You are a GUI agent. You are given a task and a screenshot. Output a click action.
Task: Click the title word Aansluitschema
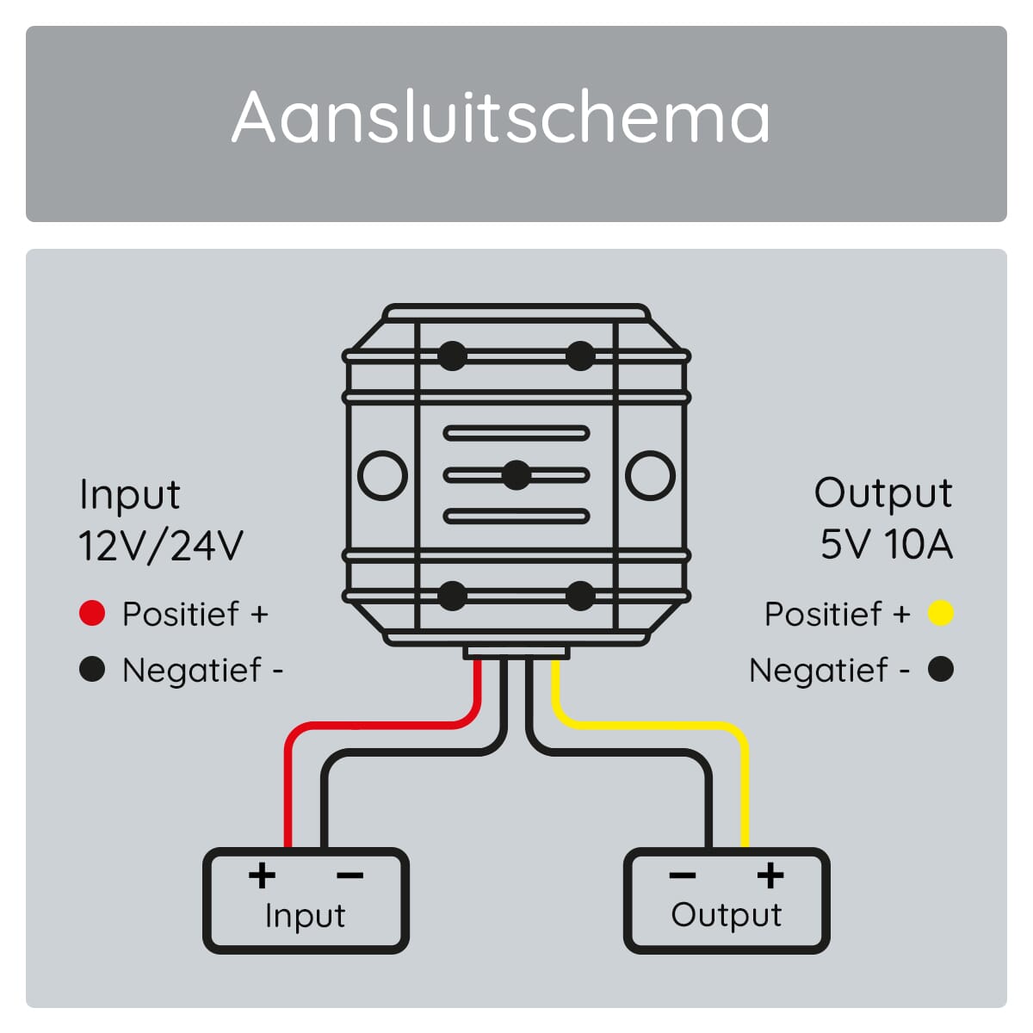pyautogui.click(x=501, y=117)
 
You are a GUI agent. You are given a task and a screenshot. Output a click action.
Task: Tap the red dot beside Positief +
pyautogui.click(x=91, y=614)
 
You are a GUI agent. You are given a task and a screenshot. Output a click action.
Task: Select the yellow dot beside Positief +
pyautogui.click(x=941, y=614)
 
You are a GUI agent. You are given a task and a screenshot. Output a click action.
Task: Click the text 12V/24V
pyautogui.click(x=161, y=546)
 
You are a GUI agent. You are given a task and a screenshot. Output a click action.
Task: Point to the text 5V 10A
pyautogui.click(x=886, y=545)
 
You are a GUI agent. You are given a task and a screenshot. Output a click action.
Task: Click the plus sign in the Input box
pyautogui.click(x=262, y=875)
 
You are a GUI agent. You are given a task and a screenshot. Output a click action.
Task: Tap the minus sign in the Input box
pyautogui.click(x=349, y=876)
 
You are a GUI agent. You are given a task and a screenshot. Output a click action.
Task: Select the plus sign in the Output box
pyautogui.click(x=770, y=875)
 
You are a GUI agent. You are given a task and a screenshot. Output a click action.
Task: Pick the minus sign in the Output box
pyautogui.click(x=682, y=876)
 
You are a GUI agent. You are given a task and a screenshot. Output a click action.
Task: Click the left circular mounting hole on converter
pyautogui.click(x=382, y=475)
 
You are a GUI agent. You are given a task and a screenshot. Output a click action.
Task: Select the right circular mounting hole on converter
pyautogui.click(x=650, y=475)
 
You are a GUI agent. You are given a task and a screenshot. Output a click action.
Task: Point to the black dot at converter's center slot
pyautogui.click(x=516, y=475)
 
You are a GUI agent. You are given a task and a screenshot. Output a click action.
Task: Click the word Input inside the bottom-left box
pyautogui.click(x=305, y=916)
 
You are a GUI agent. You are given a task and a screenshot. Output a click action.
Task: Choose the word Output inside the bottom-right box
pyautogui.click(x=727, y=915)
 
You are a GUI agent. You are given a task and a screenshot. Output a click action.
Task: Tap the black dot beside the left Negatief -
pyautogui.click(x=91, y=669)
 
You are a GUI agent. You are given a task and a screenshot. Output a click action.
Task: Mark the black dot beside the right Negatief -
pyautogui.click(x=941, y=669)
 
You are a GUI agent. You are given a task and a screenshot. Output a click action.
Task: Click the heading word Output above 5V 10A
pyautogui.click(x=883, y=494)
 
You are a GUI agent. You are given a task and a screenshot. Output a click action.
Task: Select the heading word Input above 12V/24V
pyautogui.click(x=129, y=496)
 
